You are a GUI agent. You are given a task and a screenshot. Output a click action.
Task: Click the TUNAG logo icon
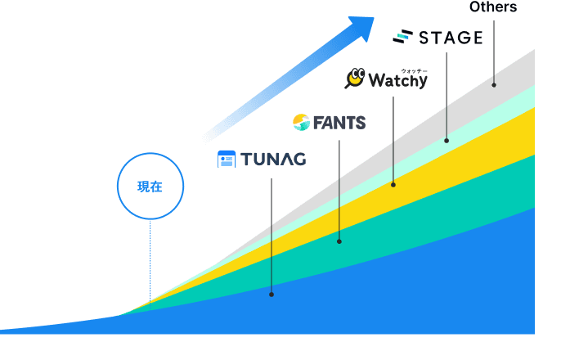pos(227,160)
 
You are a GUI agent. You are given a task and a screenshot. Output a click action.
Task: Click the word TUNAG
pos(272,160)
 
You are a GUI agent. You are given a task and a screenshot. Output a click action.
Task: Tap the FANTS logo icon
pos(300,123)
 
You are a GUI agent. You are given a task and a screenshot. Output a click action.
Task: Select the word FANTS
pos(339,124)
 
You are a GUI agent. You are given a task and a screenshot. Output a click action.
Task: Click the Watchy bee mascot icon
pos(355,79)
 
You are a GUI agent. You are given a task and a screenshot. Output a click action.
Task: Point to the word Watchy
pos(398,81)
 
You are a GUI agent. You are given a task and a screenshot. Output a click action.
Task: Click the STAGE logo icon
pos(402,37)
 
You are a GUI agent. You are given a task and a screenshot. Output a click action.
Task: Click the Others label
pos(493,7)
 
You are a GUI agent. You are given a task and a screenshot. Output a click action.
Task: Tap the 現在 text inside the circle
pos(150,187)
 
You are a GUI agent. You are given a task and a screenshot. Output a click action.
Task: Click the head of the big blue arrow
pos(360,28)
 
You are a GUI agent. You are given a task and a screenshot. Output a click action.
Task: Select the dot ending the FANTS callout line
pos(339,241)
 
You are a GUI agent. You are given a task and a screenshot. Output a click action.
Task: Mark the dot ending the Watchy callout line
pos(393,185)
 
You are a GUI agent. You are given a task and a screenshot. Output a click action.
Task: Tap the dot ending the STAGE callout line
pos(447,141)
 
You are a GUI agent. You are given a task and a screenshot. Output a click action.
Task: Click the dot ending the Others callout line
pos(494,84)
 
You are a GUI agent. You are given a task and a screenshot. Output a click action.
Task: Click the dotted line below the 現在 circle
pos(150,262)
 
